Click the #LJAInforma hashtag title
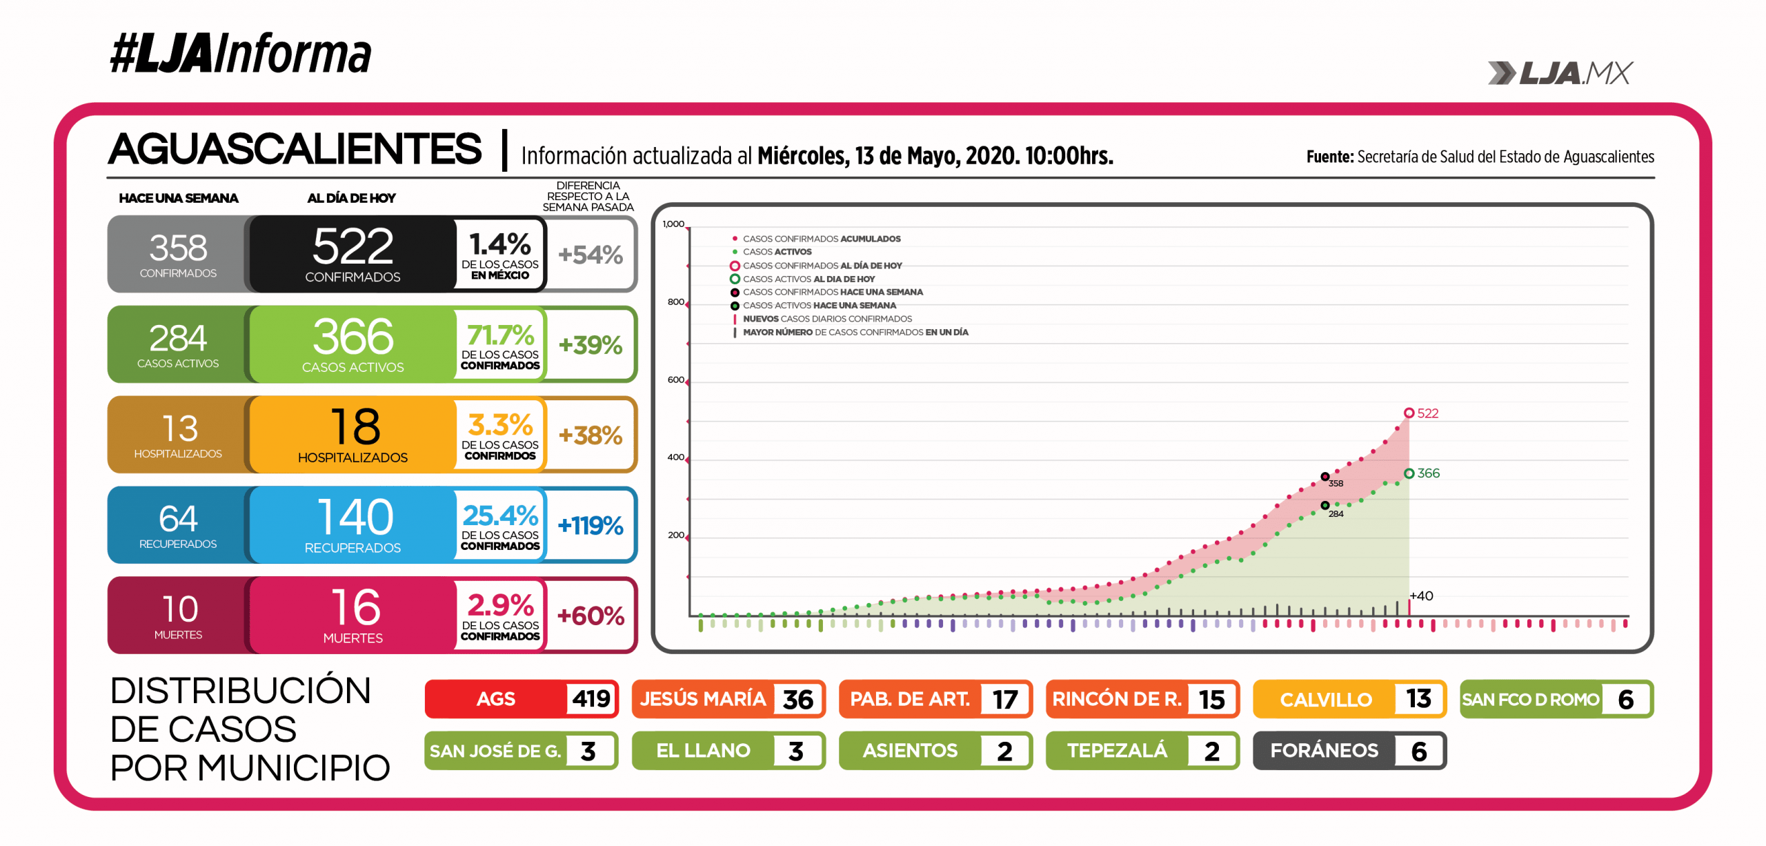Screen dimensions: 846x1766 click(x=240, y=54)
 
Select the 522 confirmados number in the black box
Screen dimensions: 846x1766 click(x=353, y=246)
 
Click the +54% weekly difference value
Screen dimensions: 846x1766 click(x=591, y=255)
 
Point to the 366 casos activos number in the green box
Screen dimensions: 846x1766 click(x=353, y=337)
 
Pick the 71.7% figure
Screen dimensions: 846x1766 click(x=500, y=335)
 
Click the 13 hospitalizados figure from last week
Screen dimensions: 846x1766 click(x=179, y=429)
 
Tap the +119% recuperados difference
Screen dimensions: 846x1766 click(x=591, y=526)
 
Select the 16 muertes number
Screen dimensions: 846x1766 click(x=355, y=607)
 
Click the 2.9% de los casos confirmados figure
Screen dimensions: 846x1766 click(x=500, y=605)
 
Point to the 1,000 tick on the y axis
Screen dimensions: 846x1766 click(x=673, y=224)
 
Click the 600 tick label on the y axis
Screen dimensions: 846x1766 click(x=675, y=380)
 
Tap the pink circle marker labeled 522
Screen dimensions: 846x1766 click(x=1409, y=413)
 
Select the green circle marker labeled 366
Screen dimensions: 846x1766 click(x=1409, y=473)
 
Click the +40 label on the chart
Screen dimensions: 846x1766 click(x=1421, y=596)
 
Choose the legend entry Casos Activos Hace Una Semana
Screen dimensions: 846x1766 click(x=819, y=306)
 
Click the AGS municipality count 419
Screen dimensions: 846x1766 click(x=591, y=699)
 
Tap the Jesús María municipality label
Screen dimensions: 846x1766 click(x=702, y=699)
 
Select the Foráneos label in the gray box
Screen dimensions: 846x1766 click(x=1324, y=751)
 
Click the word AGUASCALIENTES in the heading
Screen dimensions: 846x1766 click(x=295, y=149)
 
